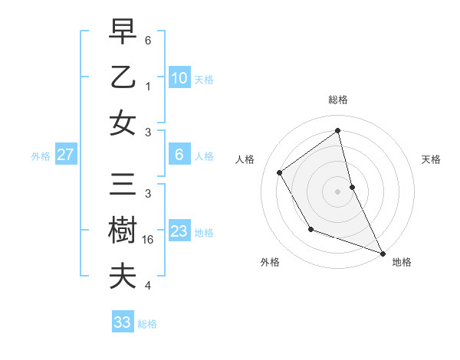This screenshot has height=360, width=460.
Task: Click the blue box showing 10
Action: [179, 77]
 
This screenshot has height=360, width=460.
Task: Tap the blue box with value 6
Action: [179, 155]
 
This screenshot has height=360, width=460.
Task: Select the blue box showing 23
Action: [179, 231]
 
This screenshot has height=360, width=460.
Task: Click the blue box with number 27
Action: [65, 155]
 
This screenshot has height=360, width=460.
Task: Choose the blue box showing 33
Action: [122, 322]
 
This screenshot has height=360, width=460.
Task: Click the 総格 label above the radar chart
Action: [337, 100]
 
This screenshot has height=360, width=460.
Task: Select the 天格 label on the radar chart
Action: [431, 159]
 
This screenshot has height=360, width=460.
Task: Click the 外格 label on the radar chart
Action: [270, 262]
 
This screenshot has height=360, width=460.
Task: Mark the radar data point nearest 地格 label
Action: [383, 254]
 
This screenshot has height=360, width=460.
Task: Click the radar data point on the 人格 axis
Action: [280, 172]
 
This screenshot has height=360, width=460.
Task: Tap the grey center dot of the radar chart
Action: [337, 191]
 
